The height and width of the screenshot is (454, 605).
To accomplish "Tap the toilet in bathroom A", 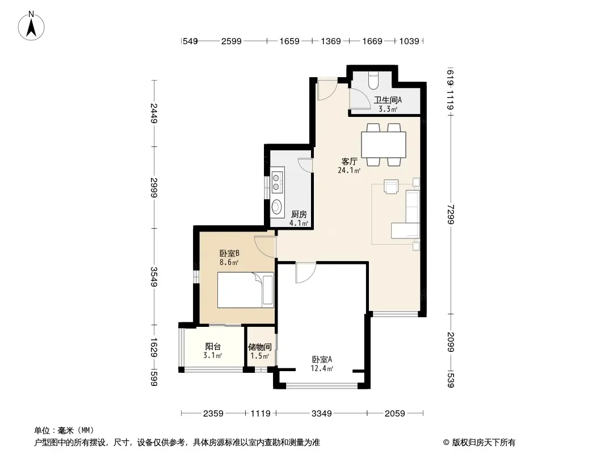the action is (373, 80).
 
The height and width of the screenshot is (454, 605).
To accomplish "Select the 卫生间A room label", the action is (388, 100).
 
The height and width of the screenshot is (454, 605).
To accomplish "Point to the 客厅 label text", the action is (349, 161).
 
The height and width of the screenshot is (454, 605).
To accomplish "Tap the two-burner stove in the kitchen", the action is (276, 183).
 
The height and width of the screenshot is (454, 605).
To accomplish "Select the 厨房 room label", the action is (299, 214).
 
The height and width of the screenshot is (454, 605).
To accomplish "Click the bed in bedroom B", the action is (245, 290).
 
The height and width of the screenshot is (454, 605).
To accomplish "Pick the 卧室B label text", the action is (229, 254).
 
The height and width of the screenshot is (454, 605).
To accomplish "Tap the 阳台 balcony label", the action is (213, 346).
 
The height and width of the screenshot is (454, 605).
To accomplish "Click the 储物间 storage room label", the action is (260, 347).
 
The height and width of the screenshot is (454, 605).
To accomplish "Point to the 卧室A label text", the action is (322, 359).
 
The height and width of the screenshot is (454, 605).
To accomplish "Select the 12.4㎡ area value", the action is (322, 368).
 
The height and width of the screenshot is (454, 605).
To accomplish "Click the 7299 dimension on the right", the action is (451, 215).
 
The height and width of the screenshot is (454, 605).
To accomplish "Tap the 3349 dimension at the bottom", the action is (321, 414).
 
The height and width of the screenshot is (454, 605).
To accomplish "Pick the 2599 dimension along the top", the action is (231, 41).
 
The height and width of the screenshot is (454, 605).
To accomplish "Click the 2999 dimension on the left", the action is (154, 187).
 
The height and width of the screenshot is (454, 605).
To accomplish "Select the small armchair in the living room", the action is (391, 186).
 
